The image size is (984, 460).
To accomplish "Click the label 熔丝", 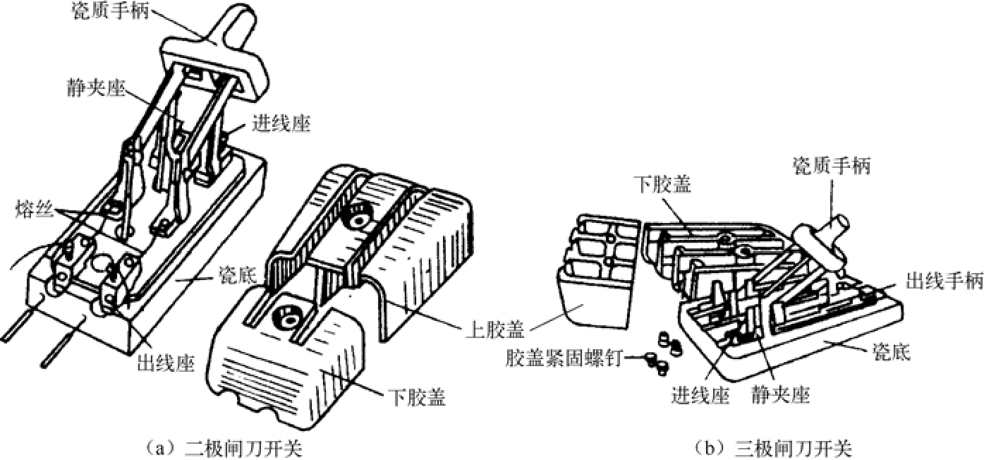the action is pos(35,210).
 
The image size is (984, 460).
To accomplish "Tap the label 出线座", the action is pos(166,363).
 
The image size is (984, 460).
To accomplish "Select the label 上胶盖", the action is pos(495,329).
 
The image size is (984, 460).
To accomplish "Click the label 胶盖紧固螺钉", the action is pos(564,358).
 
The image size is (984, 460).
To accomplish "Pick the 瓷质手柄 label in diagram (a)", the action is pos(111,10).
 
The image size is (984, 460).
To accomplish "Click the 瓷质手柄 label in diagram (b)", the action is pos(832,167).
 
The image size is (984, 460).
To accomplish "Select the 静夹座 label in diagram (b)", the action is pos(781,394).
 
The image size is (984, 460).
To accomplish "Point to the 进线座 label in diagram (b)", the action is pos(700,394).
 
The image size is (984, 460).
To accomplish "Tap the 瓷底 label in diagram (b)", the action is pos(892,352).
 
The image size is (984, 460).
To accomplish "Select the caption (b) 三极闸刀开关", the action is pos(773,449).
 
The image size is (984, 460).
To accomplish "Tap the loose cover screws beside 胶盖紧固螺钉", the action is pos(663,351).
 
